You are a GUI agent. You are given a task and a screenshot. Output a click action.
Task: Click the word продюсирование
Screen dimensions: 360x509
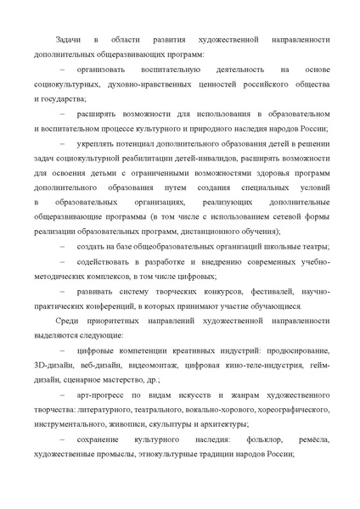295,349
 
